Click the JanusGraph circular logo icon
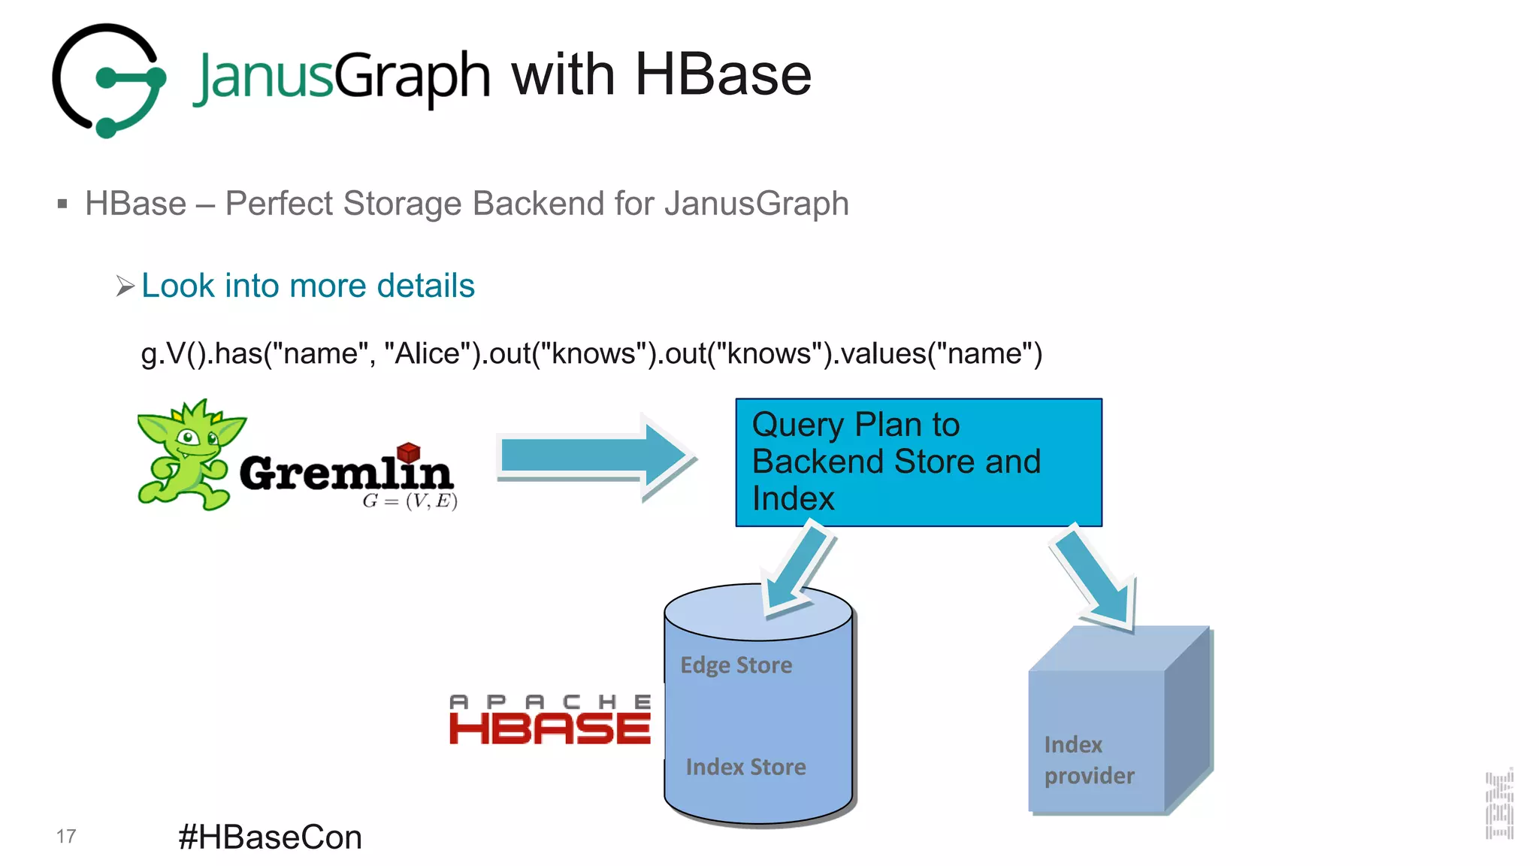coord(109,80)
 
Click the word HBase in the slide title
coord(722,75)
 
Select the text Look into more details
coord(307,286)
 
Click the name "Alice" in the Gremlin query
coord(427,353)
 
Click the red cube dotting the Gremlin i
coord(408,452)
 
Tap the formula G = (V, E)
coord(410,501)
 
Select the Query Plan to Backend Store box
coord(918,462)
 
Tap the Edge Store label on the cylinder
coord(736,665)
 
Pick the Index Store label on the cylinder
coord(745,767)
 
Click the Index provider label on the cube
coord(1089,760)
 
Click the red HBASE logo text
coord(549,728)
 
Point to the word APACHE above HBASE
coord(549,701)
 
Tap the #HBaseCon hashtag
coord(270,837)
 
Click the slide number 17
coord(66,837)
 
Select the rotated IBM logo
coord(1499,804)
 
